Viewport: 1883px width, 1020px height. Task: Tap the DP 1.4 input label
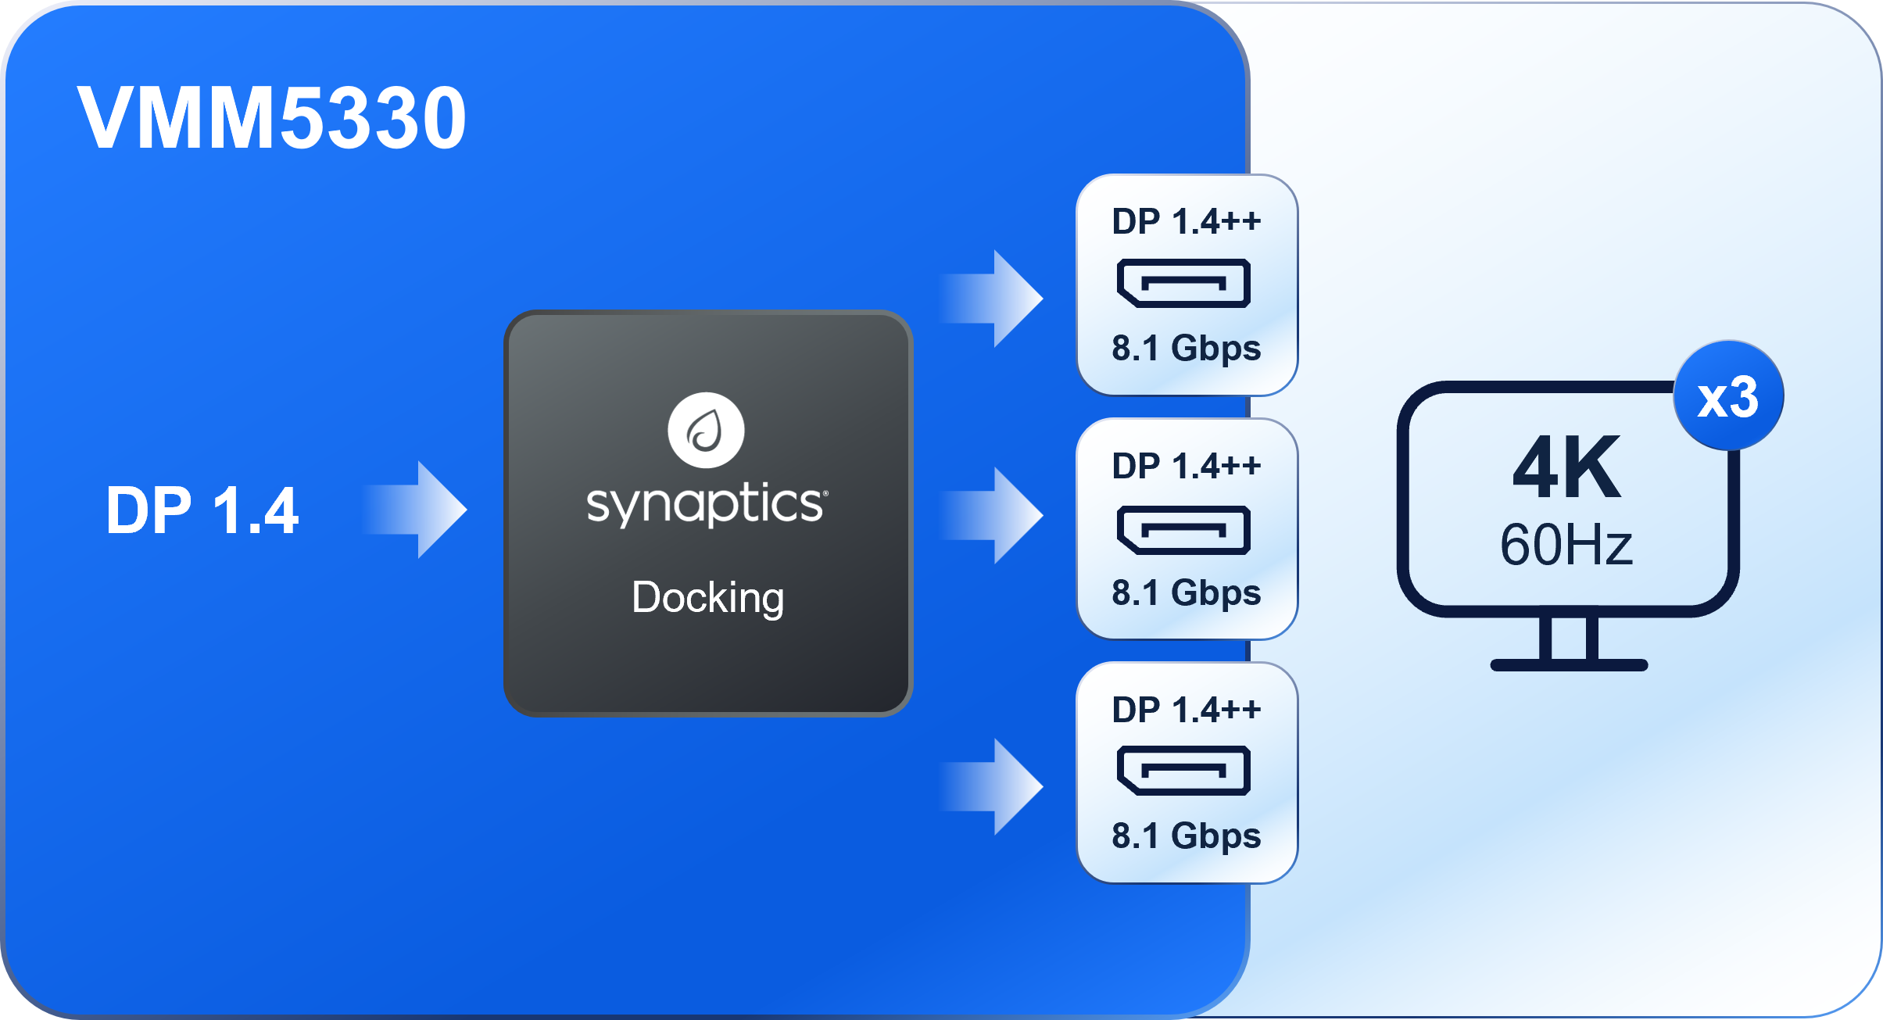202,510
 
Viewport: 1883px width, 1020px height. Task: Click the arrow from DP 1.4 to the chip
418,510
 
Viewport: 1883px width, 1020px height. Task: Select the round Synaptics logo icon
706,430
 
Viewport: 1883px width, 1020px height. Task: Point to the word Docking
707,598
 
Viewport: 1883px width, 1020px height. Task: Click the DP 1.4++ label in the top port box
1186,222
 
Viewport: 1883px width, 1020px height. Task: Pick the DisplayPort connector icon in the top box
1183,283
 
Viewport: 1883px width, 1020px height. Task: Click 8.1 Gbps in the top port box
1186,349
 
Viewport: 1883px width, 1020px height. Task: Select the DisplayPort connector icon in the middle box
1183,530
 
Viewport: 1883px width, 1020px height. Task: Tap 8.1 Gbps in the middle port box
1186,593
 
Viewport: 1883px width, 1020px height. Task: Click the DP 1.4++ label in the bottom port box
1186,710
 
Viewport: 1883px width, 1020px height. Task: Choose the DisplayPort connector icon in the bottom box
1183,771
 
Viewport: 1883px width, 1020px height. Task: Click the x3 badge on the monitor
1728,396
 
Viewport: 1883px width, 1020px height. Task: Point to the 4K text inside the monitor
1566,468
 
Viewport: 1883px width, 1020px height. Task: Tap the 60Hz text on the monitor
1566,545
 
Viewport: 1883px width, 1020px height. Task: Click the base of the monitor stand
1569,664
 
